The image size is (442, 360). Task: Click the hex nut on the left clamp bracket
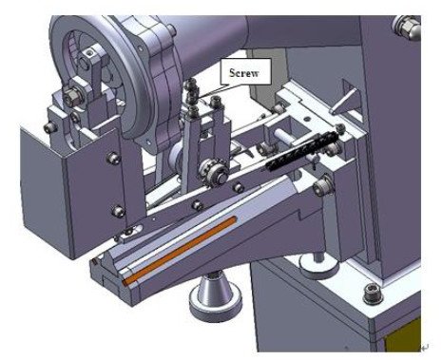tap(74, 95)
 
